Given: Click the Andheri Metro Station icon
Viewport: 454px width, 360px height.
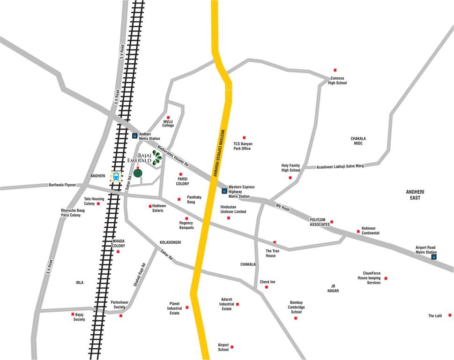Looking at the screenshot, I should pos(135,136).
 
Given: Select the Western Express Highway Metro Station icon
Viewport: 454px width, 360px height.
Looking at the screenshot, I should pos(224,191).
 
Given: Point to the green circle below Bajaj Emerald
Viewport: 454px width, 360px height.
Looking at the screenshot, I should pos(137,173).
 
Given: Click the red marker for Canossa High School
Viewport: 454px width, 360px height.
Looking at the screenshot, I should pos(335,70).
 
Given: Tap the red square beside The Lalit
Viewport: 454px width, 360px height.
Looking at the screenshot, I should pos(450,315).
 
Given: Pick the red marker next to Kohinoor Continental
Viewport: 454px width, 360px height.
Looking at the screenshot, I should pos(358,231).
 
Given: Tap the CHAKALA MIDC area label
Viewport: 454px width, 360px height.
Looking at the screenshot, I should pos(358,141).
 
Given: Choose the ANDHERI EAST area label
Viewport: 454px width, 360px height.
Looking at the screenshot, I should pos(415,195).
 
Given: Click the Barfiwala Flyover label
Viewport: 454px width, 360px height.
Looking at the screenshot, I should pos(62,185).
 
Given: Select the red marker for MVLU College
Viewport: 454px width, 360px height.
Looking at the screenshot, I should pos(168,117).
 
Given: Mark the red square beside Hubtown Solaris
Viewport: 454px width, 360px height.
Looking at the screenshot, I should pos(150,206).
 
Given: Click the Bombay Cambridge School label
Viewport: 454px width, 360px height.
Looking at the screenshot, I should pos(296,307).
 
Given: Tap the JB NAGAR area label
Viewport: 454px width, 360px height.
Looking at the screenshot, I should pos(333,288).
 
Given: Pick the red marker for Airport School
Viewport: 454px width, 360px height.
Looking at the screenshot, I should pos(232,347).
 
